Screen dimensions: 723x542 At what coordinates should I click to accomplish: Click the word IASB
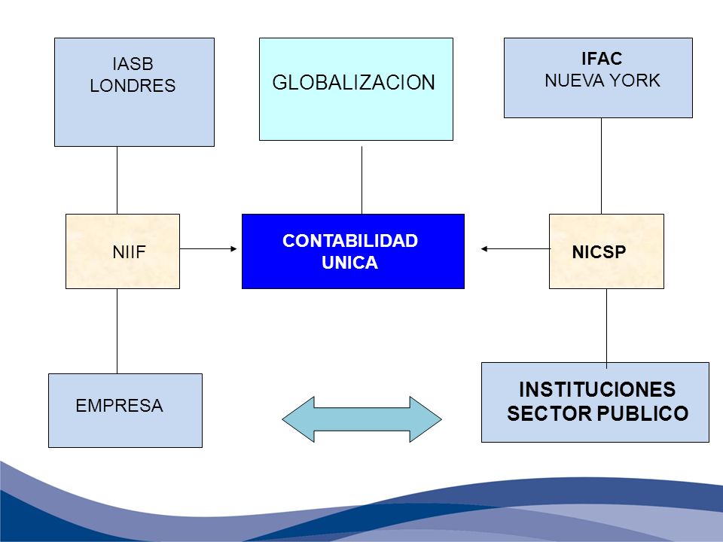pyautogui.click(x=133, y=63)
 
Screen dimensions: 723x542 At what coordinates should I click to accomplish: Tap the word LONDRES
pyautogui.click(x=133, y=86)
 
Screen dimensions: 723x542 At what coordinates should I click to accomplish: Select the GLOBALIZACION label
pyautogui.click(x=354, y=83)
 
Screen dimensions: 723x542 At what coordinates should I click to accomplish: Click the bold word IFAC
pyautogui.click(x=602, y=59)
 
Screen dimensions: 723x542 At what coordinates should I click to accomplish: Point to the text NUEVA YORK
pyautogui.click(x=602, y=81)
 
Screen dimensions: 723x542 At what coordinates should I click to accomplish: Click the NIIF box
pyautogui.click(x=123, y=251)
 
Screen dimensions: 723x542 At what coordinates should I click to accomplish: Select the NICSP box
pyautogui.click(x=606, y=251)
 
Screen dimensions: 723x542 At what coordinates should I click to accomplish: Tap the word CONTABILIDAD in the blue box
pyautogui.click(x=350, y=241)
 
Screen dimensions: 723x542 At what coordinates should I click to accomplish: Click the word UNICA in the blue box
pyautogui.click(x=350, y=263)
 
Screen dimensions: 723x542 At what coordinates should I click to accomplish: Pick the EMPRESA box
pyautogui.click(x=126, y=410)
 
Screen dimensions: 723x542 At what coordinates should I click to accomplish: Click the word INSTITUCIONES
pyautogui.click(x=597, y=389)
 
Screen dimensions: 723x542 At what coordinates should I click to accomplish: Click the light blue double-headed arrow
pyautogui.click(x=362, y=419)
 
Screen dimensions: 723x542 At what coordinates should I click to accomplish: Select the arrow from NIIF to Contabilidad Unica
pyautogui.click(x=208, y=249)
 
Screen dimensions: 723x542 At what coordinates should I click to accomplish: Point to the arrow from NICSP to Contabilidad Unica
pyautogui.click(x=515, y=249)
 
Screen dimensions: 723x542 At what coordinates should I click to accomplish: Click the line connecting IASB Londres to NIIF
pyautogui.click(x=117, y=180)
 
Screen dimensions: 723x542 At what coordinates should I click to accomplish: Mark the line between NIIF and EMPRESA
pyautogui.click(x=117, y=331)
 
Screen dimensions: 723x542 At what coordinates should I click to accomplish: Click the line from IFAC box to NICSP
pyautogui.click(x=601, y=166)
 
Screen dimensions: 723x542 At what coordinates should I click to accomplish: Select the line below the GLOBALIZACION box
pyautogui.click(x=362, y=180)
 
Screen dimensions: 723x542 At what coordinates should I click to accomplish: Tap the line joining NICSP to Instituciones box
pyautogui.click(x=606, y=329)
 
